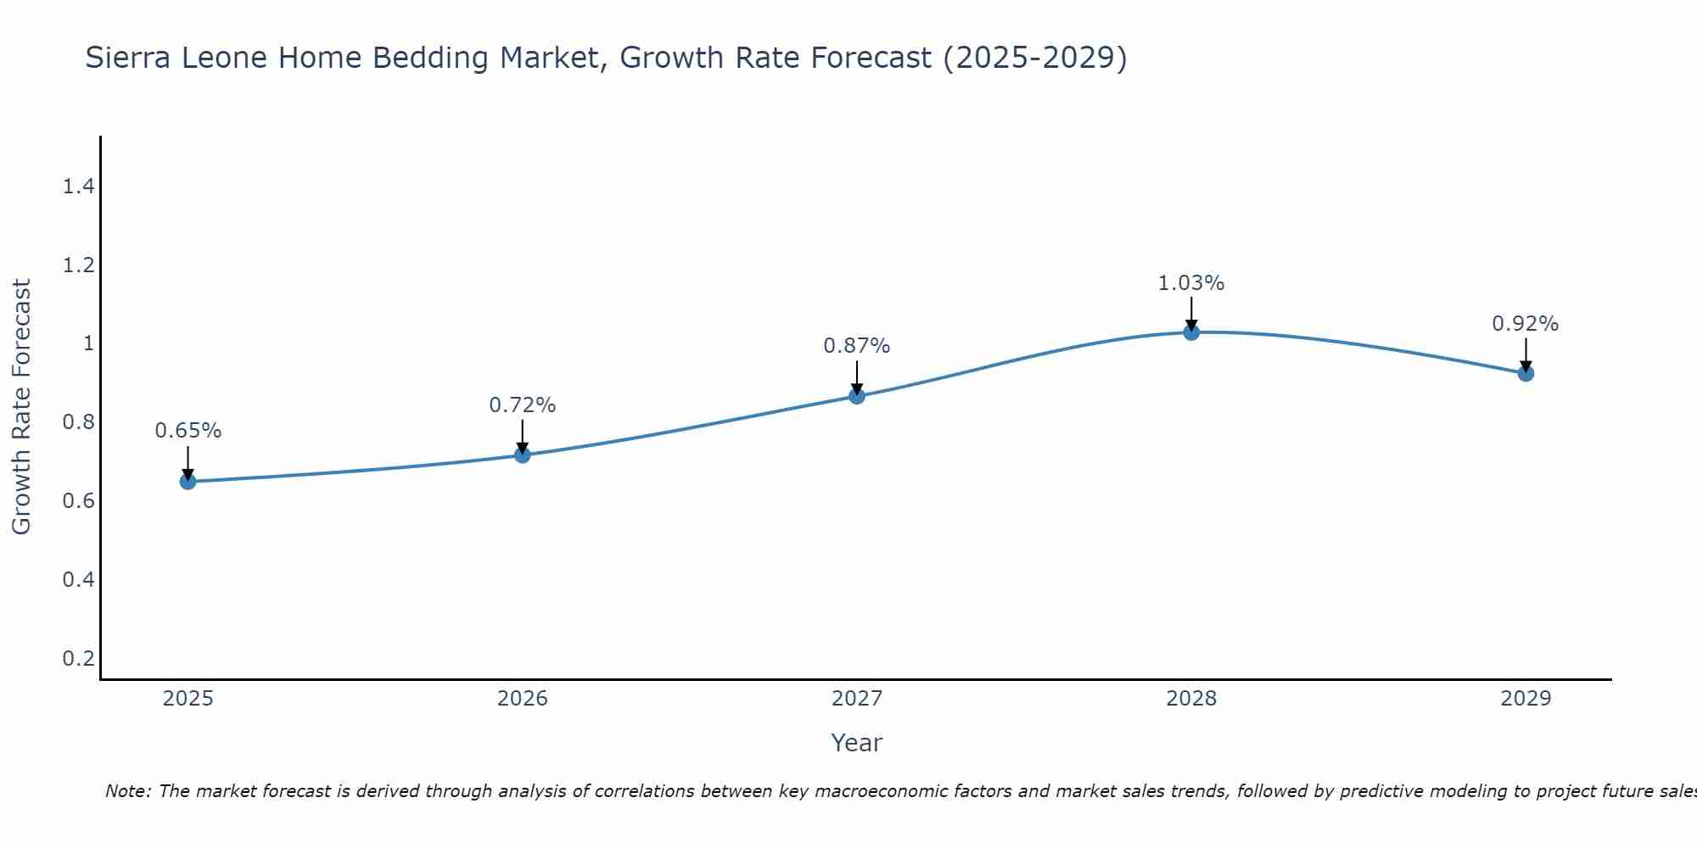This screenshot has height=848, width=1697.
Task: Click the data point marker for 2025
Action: [188, 482]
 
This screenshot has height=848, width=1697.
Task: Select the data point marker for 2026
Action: [522, 455]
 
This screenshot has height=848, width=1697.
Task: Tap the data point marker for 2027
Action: [856, 396]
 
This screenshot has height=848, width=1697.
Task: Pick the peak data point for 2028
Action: [1191, 332]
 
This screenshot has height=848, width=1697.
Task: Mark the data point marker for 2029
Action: [1526, 373]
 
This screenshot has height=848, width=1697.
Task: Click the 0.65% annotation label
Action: [188, 431]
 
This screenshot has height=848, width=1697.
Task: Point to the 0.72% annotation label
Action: [522, 405]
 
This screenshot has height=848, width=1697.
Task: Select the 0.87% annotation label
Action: [856, 346]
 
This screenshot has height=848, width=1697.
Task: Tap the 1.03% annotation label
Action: [1191, 283]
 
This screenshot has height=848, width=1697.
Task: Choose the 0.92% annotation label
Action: [1525, 324]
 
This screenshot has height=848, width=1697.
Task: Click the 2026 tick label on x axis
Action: [522, 699]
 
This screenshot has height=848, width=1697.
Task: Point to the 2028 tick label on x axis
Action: [1191, 699]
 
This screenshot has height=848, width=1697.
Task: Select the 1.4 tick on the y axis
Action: [78, 187]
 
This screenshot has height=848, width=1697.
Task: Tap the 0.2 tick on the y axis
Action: [78, 658]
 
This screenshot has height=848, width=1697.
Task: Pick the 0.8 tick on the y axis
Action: [78, 422]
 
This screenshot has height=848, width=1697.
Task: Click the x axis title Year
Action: [856, 743]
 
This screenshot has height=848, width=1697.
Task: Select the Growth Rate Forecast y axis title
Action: [21, 407]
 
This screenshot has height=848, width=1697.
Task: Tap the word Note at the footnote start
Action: [127, 791]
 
